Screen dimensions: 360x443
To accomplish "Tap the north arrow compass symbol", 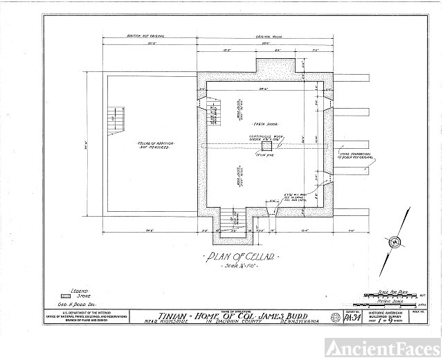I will pos(395,241).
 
